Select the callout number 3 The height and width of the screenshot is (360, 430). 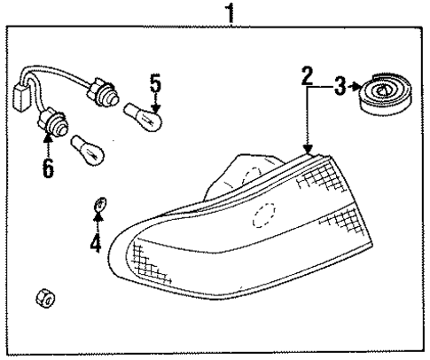click(x=340, y=86)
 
